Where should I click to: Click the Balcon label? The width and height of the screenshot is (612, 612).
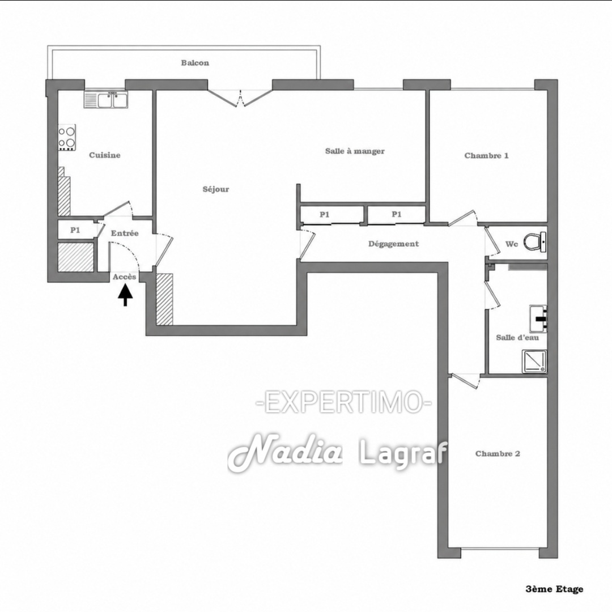click(x=195, y=63)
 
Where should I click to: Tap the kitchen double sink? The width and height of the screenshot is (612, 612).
click(x=106, y=100)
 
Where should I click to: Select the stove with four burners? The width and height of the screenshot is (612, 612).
click(x=67, y=137)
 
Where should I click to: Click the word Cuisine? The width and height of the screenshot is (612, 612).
click(x=105, y=155)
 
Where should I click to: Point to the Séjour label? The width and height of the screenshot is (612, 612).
click(x=216, y=189)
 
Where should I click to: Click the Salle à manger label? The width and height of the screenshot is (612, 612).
click(x=355, y=151)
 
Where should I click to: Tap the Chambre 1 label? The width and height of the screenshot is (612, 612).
click(x=486, y=156)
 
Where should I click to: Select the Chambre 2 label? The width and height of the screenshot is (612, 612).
click(x=498, y=453)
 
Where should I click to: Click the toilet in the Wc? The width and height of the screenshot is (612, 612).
click(x=535, y=241)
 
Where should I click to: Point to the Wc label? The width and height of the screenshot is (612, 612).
click(x=511, y=244)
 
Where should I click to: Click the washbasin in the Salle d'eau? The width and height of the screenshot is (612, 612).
click(x=538, y=318)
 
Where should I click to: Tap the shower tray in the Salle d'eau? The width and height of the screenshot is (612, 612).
click(x=535, y=362)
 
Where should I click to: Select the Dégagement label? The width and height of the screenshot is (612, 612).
click(x=393, y=244)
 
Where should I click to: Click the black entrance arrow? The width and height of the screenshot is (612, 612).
click(x=125, y=295)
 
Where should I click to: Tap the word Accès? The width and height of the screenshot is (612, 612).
click(x=125, y=277)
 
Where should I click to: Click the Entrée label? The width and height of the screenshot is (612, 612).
click(x=125, y=233)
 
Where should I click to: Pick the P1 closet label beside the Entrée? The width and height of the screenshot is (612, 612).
click(x=75, y=230)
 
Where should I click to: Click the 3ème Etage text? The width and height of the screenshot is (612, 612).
click(x=554, y=589)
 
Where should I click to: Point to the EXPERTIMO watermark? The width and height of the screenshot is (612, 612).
click(x=344, y=402)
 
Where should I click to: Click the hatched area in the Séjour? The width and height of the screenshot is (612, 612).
click(x=164, y=299)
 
